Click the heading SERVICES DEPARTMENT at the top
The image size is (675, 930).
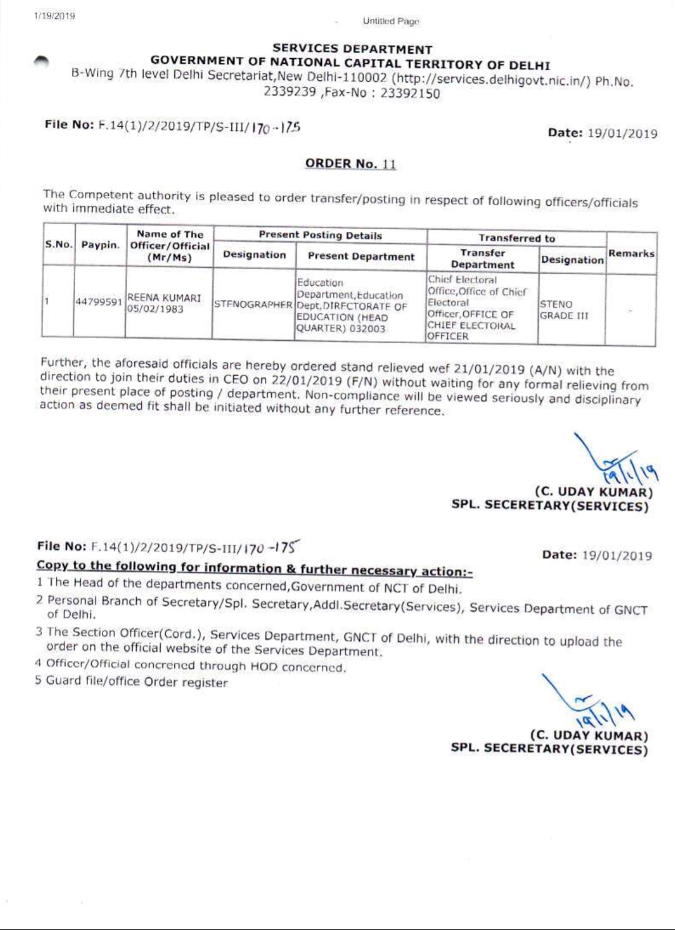(x=352, y=49)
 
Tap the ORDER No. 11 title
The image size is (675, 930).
(x=351, y=164)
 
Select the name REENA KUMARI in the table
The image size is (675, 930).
(x=164, y=298)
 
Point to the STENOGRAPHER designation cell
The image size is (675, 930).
(x=253, y=305)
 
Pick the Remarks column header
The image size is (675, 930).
(x=631, y=253)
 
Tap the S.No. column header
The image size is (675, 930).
(x=58, y=244)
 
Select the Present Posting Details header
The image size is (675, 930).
(x=320, y=236)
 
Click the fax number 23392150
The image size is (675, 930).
(x=410, y=94)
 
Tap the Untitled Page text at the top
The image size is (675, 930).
(x=391, y=21)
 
